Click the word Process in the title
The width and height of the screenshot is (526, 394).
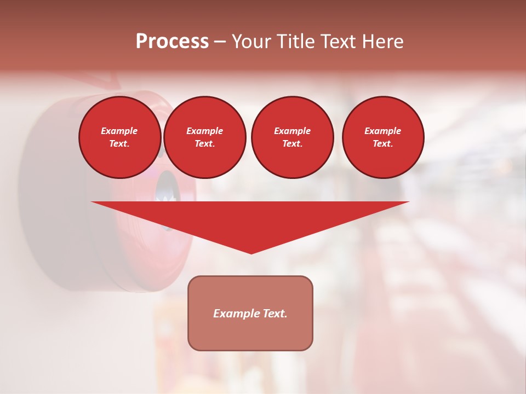[x=172, y=42]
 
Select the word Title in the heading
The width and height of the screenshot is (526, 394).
[x=295, y=42]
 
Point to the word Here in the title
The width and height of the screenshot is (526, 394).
[x=384, y=42]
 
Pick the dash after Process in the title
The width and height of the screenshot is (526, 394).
[x=220, y=43]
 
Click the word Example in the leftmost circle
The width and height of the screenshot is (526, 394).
[x=119, y=131]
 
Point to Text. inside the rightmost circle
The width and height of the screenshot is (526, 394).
[x=382, y=143]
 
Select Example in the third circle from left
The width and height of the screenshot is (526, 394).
[x=292, y=131]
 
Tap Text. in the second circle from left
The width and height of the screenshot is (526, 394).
[x=204, y=143]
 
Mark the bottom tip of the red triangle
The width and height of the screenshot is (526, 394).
[x=251, y=253]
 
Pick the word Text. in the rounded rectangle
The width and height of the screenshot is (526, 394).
[x=275, y=314]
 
